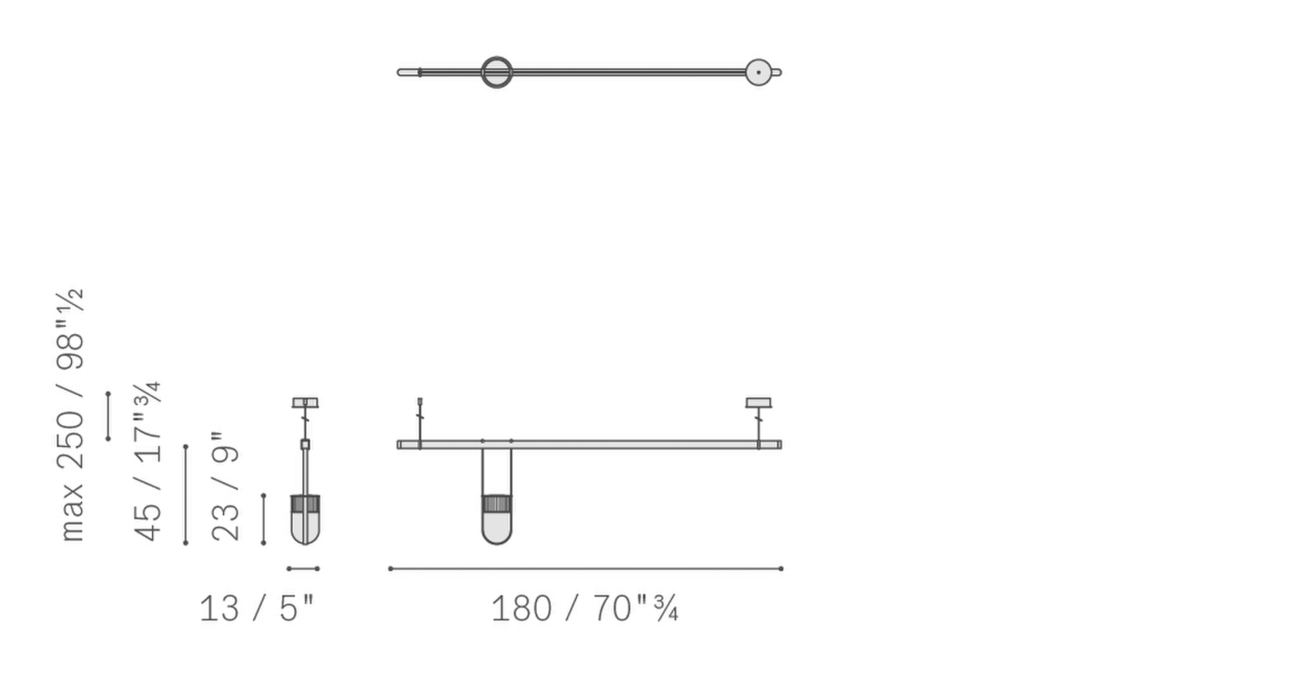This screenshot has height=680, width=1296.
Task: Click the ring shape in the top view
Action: (x=497, y=73)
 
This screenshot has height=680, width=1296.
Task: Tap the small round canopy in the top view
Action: (x=758, y=73)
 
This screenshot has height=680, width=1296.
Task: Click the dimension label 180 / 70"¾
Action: (x=584, y=608)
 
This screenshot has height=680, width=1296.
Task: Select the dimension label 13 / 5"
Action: (x=257, y=608)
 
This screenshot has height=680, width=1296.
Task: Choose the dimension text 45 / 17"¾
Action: (x=148, y=461)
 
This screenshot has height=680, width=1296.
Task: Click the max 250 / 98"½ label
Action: (x=72, y=415)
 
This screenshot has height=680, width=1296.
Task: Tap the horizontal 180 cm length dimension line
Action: (x=585, y=569)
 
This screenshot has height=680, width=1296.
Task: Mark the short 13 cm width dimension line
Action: (x=302, y=569)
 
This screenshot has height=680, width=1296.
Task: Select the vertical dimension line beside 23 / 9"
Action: (x=264, y=518)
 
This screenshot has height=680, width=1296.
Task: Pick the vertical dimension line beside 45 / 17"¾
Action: (x=186, y=494)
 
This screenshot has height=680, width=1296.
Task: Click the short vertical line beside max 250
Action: (x=108, y=416)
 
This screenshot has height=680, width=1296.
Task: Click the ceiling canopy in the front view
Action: (x=758, y=403)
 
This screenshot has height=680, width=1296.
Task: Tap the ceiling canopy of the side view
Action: (x=305, y=403)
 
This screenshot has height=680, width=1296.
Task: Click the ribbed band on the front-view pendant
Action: (x=497, y=504)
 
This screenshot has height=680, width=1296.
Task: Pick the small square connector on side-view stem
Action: (x=305, y=444)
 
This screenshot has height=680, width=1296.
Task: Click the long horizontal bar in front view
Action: (x=605, y=445)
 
